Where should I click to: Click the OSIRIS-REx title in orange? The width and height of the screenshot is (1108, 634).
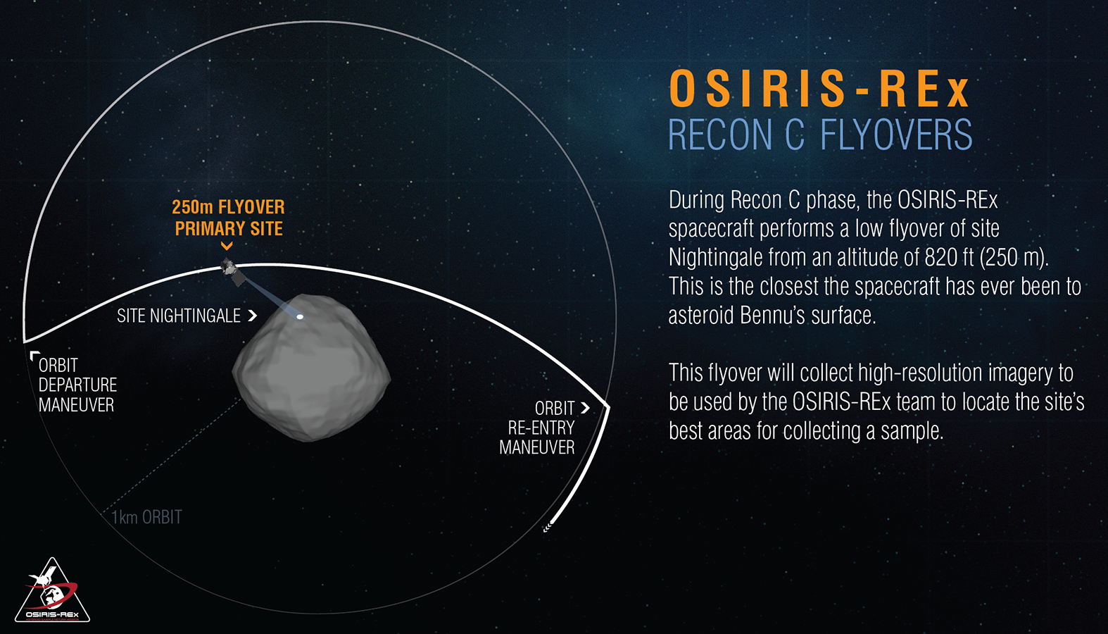click(819, 88)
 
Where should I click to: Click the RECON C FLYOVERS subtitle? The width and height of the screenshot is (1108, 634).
click(820, 134)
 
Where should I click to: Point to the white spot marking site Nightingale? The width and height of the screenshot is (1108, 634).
click(300, 317)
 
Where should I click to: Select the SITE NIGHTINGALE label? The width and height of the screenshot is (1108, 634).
click(179, 316)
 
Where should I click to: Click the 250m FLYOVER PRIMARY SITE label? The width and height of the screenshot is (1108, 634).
click(228, 218)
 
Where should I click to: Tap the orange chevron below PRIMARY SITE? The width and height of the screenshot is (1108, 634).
click(227, 245)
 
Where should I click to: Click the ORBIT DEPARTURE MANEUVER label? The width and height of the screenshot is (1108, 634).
click(77, 385)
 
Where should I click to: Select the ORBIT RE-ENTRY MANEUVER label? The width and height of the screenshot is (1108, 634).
click(537, 428)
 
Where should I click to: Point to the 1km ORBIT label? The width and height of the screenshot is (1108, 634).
click(146, 517)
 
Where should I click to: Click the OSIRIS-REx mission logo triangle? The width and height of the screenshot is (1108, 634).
click(52, 590)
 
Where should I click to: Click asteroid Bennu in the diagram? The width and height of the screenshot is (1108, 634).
click(311, 367)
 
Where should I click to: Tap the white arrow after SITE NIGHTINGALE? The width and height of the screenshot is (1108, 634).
click(252, 316)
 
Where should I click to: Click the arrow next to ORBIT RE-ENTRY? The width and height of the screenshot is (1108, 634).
click(585, 408)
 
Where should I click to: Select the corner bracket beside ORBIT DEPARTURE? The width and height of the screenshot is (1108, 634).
click(34, 355)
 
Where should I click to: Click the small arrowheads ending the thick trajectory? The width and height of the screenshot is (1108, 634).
click(547, 528)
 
